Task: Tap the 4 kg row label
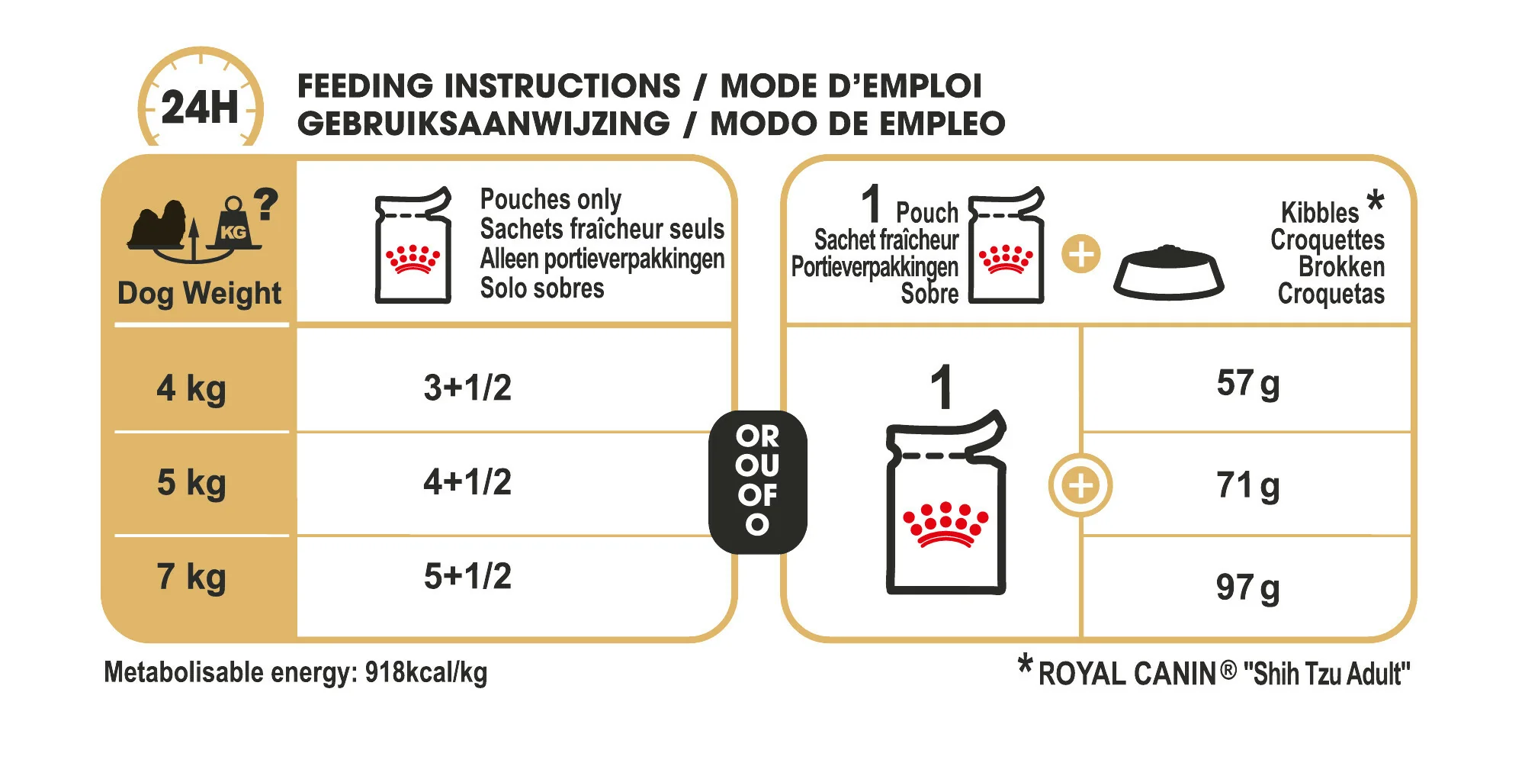tap(191, 388)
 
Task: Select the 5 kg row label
tap(191, 483)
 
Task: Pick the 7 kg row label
tap(191, 577)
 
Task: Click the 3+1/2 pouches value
tap(467, 388)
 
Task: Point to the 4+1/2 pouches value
tap(467, 482)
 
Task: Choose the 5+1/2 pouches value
tap(467, 576)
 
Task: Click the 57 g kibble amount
tap(1248, 384)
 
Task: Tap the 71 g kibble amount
tap(1248, 486)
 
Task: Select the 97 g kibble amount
tap(1248, 588)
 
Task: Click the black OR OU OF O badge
tap(757, 481)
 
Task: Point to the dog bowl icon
tap(1168, 272)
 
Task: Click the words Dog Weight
tap(199, 294)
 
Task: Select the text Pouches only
tap(551, 200)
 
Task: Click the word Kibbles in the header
tap(1320, 212)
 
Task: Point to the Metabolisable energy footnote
tap(296, 673)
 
